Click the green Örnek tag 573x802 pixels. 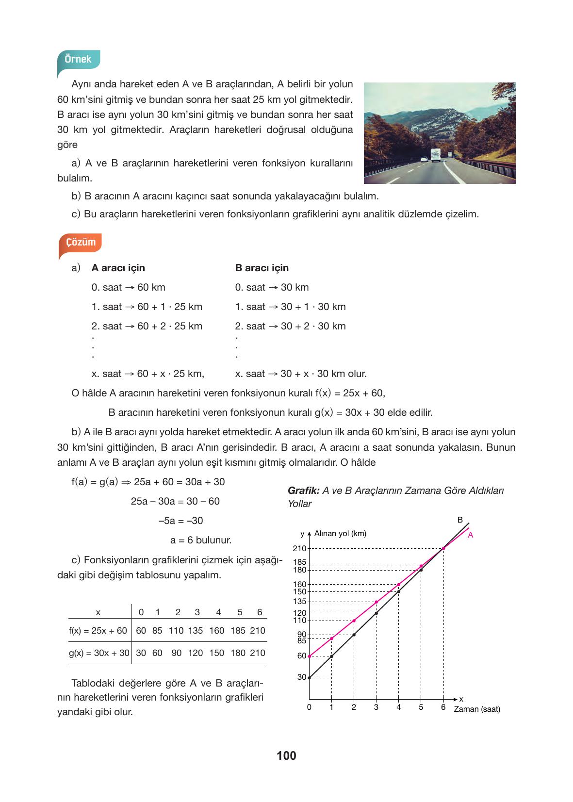coord(78,59)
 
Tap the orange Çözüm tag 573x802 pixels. coord(81,242)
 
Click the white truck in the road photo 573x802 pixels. coord(436,155)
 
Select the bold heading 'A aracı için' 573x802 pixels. coord(118,268)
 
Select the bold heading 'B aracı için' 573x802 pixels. coord(262,268)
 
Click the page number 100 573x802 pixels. coord(286,755)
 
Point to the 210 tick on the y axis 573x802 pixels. coord(300,548)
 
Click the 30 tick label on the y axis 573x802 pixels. coord(302,677)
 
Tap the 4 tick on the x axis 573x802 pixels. coord(398,707)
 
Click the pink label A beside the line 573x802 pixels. coord(470,535)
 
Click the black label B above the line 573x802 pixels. coord(460,520)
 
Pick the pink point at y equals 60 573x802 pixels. coord(309,656)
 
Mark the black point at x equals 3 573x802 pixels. coord(377,613)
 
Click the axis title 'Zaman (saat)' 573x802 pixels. coord(476,709)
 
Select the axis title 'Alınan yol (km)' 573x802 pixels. coord(340,534)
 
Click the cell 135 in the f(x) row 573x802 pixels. coord(196,631)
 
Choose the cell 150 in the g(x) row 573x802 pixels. coord(216,653)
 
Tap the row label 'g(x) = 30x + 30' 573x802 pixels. coord(99,653)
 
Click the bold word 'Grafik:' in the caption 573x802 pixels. coord(303,491)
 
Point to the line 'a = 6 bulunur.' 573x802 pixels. coord(200,540)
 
